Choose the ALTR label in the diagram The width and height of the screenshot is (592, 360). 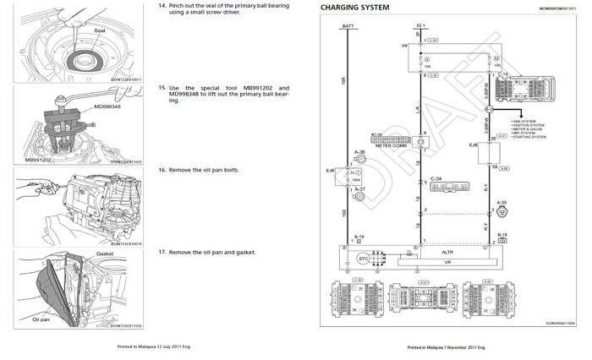(x=448, y=251)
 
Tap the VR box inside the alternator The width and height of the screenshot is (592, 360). (x=448, y=263)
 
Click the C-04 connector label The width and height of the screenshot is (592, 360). (x=436, y=178)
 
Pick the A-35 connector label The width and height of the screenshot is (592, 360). (x=502, y=202)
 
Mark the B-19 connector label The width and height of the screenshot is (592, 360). (x=359, y=237)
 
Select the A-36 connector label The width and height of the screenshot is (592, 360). (x=359, y=152)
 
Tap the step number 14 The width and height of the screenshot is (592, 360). (x=162, y=6)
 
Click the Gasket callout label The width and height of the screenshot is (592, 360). (x=105, y=253)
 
